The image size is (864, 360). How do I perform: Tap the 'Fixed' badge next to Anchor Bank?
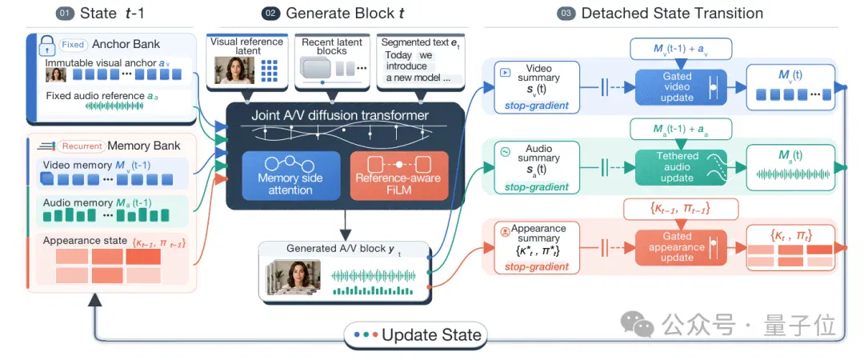point(72,45)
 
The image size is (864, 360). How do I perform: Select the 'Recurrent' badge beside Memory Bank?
point(81,146)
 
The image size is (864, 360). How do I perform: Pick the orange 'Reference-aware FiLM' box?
point(399,176)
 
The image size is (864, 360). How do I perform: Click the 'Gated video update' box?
point(681,87)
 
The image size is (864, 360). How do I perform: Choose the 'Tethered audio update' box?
point(681,166)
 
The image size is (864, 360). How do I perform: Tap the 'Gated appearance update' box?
point(681,247)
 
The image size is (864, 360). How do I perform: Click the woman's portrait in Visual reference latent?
point(234,70)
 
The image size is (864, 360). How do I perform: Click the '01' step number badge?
point(65,14)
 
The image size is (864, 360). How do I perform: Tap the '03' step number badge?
point(566,14)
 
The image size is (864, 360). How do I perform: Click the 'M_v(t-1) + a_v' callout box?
point(681,49)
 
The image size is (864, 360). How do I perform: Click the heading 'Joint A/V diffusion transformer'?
point(340,116)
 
